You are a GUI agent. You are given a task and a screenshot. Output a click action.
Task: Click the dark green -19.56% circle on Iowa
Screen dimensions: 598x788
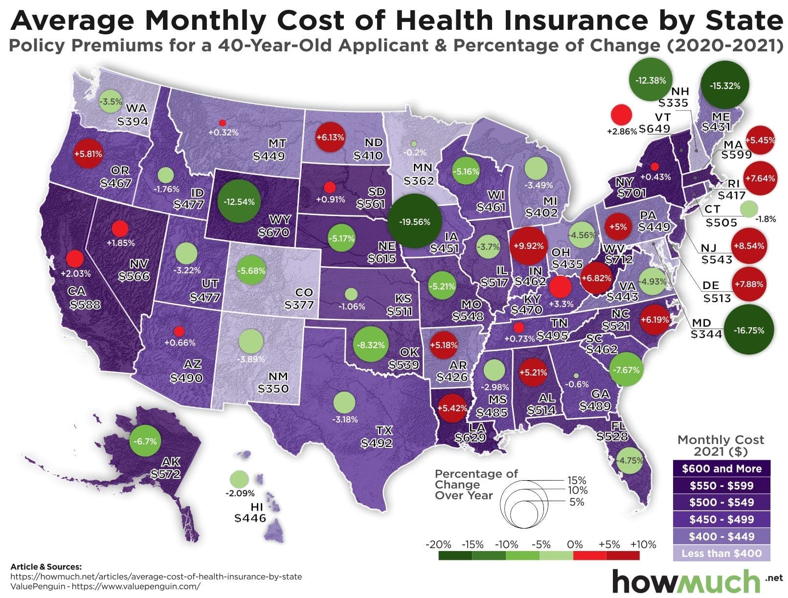(x=414, y=221)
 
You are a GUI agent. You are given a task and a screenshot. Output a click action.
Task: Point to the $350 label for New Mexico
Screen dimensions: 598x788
(x=273, y=389)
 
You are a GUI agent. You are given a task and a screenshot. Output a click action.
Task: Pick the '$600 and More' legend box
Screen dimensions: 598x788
(x=721, y=468)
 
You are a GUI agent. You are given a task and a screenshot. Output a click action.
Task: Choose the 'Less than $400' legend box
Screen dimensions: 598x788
(x=721, y=553)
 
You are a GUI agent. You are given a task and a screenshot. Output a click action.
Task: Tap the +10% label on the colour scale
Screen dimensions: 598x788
(x=643, y=544)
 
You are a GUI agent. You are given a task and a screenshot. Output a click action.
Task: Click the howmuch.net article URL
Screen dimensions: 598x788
(x=156, y=576)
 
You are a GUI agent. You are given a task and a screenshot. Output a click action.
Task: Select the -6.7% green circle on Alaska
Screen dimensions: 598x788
(x=145, y=441)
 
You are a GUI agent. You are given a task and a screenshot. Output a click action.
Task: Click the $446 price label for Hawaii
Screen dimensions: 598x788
(x=250, y=518)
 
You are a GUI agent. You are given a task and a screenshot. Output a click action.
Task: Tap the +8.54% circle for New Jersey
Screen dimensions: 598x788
(x=748, y=245)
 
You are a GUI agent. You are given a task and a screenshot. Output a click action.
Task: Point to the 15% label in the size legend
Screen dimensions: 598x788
(x=576, y=481)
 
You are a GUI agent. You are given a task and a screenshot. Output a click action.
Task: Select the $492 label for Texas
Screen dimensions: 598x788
(x=376, y=443)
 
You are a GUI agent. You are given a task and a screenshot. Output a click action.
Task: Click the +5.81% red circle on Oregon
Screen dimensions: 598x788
(x=88, y=154)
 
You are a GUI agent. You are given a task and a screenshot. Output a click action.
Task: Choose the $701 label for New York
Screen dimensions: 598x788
(x=631, y=193)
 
